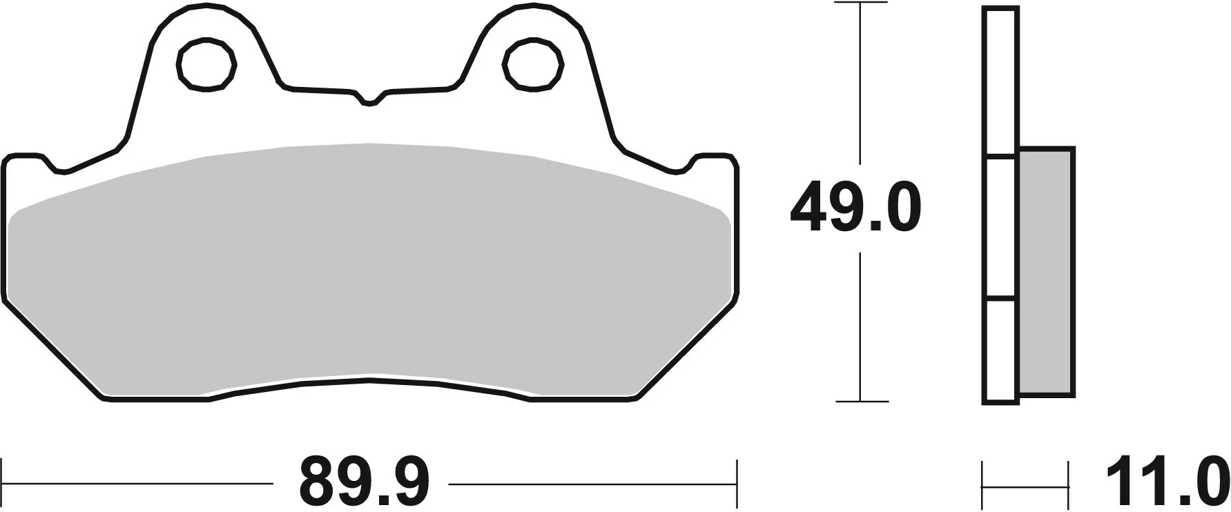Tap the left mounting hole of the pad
(x=206, y=65)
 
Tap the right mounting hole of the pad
(x=532, y=65)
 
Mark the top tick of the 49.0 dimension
(x=860, y=3)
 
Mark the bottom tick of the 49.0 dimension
(x=860, y=401)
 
